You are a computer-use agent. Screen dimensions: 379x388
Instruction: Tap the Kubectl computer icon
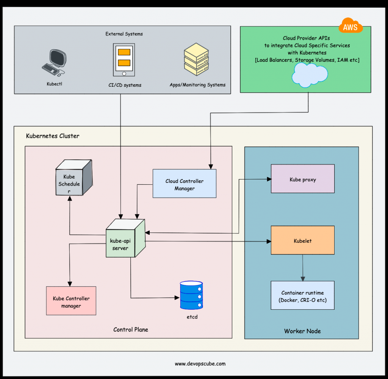point(54,62)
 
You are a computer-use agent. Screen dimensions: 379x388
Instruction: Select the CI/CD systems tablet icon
point(124,59)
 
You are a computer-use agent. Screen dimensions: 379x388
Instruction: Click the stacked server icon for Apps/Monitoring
point(196,60)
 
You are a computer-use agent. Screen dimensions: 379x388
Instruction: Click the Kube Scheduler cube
point(73,178)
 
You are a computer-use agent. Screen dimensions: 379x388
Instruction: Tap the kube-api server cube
point(125,239)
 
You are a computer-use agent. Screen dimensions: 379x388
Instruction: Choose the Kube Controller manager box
point(71,301)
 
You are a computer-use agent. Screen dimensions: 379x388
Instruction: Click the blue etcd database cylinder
point(191,295)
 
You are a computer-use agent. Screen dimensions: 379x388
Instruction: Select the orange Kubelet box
point(303,240)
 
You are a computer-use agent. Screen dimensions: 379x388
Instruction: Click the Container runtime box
point(303,295)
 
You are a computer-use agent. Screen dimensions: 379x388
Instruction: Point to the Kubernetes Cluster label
point(53,136)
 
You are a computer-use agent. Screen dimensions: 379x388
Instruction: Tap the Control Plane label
point(131,329)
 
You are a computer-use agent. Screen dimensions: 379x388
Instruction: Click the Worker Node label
point(302,331)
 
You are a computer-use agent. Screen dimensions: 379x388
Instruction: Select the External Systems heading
point(124,34)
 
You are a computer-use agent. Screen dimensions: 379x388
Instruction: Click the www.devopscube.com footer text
point(200,364)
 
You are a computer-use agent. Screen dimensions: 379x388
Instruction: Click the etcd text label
point(192,317)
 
